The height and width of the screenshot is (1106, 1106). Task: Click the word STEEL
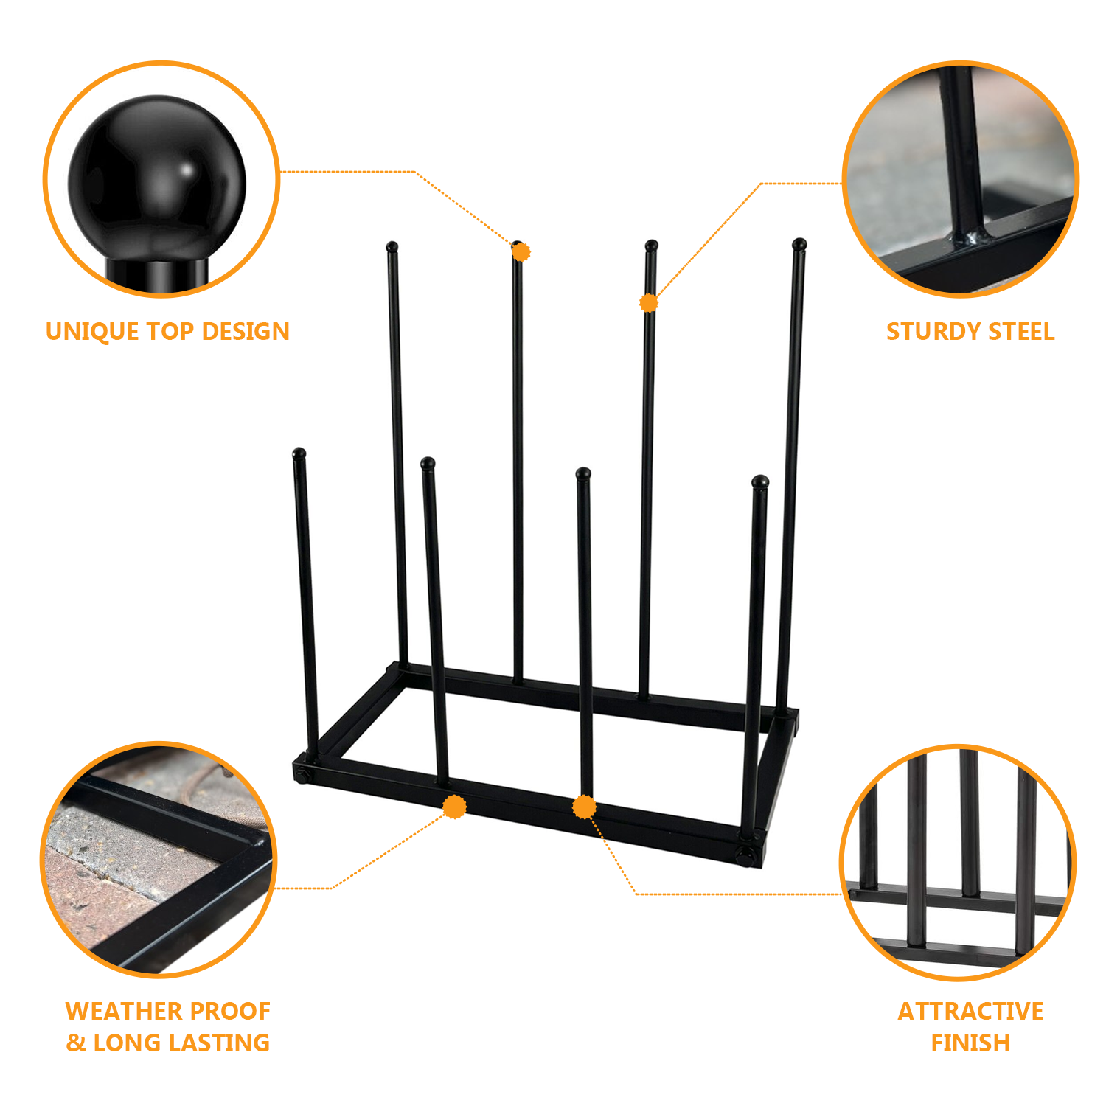pos(1021,332)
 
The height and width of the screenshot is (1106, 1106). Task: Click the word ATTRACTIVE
pos(970,1011)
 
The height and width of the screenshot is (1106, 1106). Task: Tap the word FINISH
pos(970,1043)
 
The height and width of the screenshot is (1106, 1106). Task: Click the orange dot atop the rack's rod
pos(521,252)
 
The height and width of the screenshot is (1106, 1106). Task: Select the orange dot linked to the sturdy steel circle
pos(649,302)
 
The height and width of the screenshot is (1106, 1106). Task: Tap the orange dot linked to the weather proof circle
pos(455,807)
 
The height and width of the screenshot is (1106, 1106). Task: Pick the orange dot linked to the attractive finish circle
pos(584,807)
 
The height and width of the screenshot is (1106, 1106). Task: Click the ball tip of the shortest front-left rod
pos(299,453)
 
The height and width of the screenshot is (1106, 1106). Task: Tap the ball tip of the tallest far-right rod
pos(799,243)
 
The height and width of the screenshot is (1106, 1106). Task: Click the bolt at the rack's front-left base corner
pos(302,775)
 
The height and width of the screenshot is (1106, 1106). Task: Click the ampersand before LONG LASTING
pos(76,1043)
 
